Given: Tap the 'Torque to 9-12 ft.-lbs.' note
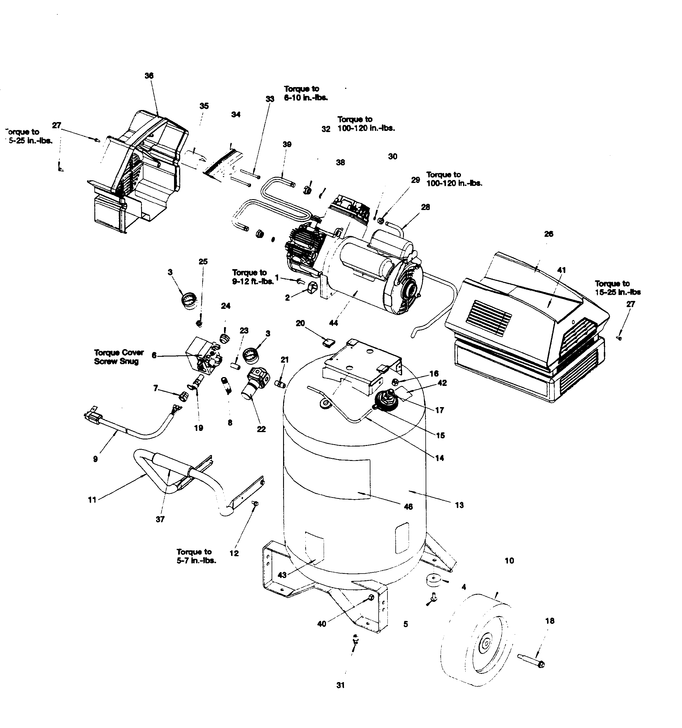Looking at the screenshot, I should click(x=253, y=277).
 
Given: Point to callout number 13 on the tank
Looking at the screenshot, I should click(x=459, y=505).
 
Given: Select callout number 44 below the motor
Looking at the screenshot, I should click(x=333, y=323).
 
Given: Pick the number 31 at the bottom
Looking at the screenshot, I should click(x=340, y=685).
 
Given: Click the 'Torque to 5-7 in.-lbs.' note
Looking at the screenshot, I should click(x=196, y=556).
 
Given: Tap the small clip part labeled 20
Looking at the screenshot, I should click(x=328, y=343).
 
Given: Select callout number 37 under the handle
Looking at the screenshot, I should click(x=160, y=519).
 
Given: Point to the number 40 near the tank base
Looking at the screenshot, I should click(x=321, y=624).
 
